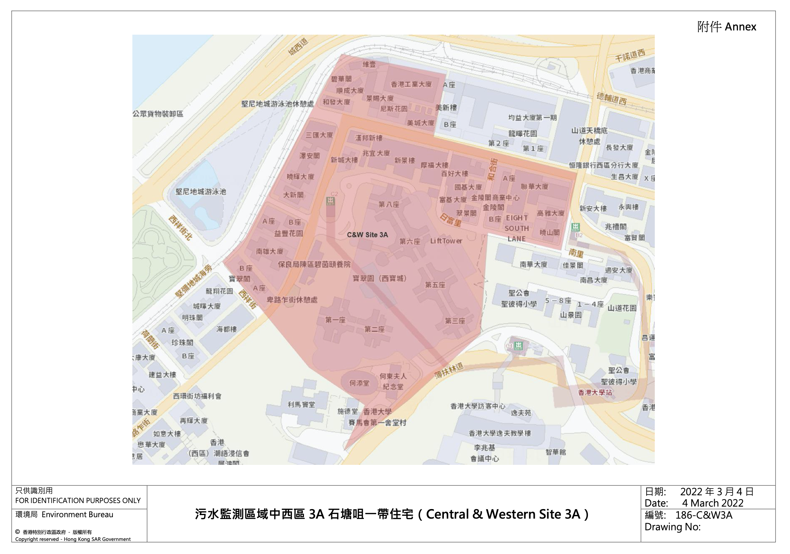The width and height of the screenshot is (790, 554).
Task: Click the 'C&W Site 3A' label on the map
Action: pyautogui.click(x=367, y=235)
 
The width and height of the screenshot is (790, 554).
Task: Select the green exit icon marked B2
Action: pyautogui.click(x=576, y=227)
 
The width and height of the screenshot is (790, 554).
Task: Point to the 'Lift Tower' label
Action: pyautogui.click(x=446, y=241)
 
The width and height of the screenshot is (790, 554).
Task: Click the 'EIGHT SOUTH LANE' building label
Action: pyautogui.click(x=517, y=228)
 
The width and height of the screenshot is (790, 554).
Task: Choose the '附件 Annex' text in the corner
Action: pyautogui.click(x=727, y=27)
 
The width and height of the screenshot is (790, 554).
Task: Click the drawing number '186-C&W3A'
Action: pyautogui.click(x=704, y=515)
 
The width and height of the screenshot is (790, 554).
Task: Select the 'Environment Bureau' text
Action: pyautogui.click(x=77, y=514)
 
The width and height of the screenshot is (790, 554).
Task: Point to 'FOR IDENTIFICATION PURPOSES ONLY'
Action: pyautogui.click(x=78, y=501)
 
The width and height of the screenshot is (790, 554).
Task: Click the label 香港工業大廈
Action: pyautogui.click(x=411, y=84)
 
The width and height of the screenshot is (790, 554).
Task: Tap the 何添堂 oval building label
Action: pyautogui.click(x=359, y=383)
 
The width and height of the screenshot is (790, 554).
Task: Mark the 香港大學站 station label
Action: pyautogui.click(x=595, y=392)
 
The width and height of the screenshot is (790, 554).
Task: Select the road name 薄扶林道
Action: pyautogui.click(x=449, y=371)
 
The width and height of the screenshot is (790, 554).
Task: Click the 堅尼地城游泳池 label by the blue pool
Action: pyautogui.click(x=201, y=192)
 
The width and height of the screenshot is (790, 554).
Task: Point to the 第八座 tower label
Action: pyautogui.click(x=389, y=204)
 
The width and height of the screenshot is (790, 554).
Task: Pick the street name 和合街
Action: pyautogui.click(x=493, y=169)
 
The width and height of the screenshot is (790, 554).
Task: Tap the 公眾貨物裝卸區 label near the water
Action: pyautogui.click(x=158, y=114)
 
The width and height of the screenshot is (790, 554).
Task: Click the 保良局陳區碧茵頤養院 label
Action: pyautogui.click(x=314, y=264)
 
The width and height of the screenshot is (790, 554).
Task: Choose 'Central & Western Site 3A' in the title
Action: pyautogui.click(x=503, y=514)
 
